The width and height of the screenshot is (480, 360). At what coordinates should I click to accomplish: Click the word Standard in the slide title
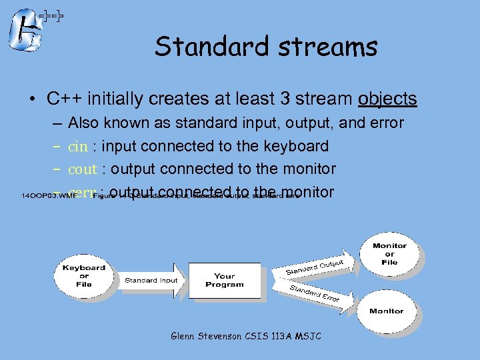(x=197, y=47)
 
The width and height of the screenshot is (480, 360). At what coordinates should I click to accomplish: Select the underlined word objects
(x=387, y=99)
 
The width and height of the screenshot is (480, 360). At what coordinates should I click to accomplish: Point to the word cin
(x=78, y=147)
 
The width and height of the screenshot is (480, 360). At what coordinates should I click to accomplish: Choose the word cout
(x=83, y=169)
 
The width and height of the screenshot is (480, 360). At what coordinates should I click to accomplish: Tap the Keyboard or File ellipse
(x=84, y=276)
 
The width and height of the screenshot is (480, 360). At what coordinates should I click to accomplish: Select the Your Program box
(x=224, y=280)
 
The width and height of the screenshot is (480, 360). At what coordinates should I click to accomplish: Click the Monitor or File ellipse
(x=389, y=254)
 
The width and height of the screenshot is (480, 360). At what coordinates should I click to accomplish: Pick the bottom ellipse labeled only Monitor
(x=387, y=311)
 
